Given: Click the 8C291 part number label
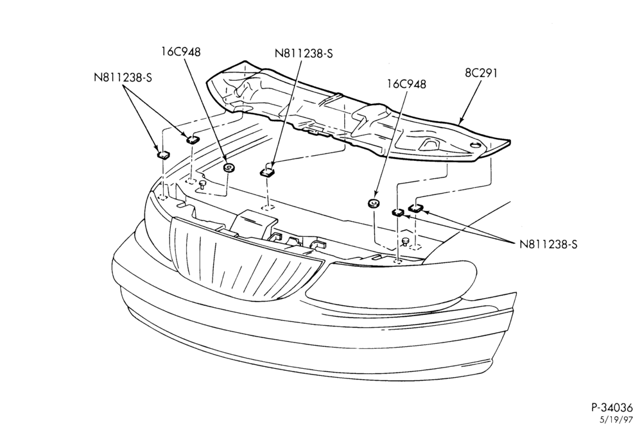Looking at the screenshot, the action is (x=481, y=73).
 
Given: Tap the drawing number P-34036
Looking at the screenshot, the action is (x=612, y=407).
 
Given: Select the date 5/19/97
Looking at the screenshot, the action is (x=616, y=420).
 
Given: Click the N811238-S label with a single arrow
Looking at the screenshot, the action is (x=304, y=54).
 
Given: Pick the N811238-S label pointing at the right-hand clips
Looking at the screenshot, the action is (x=548, y=244).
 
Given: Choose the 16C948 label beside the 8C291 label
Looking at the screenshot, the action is (x=406, y=84).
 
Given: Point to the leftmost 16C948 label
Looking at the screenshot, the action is (x=181, y=52).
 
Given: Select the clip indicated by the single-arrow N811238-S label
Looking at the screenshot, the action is (x=268, y=172).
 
